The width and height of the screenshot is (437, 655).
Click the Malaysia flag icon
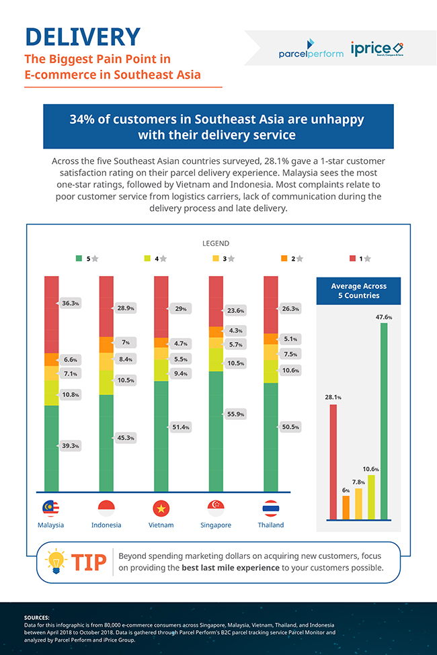tap(51, 508)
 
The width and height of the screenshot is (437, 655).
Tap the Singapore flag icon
tap(216, 508)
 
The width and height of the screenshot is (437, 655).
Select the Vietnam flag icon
tap(161, 508)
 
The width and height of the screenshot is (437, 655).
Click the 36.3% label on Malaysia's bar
tap(70, 304)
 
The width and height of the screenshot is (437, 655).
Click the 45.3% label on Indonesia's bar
tap(125, 438)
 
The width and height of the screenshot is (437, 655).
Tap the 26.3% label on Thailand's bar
tap(290, 309)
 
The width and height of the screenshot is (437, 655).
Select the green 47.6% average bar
tap(384, 421)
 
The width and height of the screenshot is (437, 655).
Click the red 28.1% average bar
tap(333, 462)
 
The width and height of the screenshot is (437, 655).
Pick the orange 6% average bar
tap(346, 507)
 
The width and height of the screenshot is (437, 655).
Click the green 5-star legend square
tap(79, 258)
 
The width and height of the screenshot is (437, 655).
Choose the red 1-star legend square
tap(353, 258)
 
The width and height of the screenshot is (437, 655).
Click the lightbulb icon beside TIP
tap(56, 562)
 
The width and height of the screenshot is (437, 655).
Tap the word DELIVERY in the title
tap(82, 36)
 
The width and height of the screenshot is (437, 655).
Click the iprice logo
tap(376, 49)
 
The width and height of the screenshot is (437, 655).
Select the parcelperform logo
tap(310, 49)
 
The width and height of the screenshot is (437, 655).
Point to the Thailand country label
tap(271, 525)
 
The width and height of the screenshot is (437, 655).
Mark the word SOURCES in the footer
tap(36, 617)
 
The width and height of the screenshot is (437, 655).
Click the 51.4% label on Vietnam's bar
tap(180, 427)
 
